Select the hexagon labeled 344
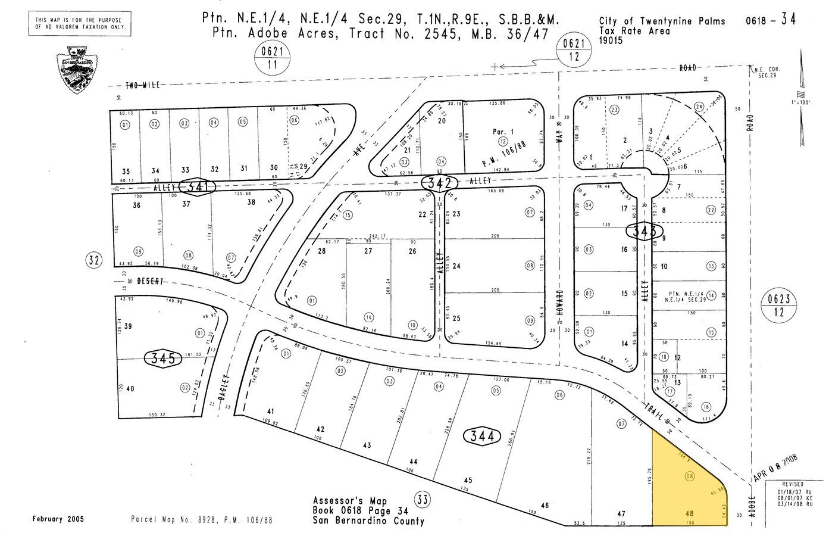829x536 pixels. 482,437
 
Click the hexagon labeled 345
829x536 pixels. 163,358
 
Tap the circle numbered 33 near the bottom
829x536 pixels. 422,499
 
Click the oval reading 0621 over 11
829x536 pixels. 273,58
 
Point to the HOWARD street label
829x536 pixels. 560,305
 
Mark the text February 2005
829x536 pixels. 58,519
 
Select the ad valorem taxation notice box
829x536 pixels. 79,23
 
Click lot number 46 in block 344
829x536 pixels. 545,505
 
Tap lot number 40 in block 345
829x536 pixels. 130,389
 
